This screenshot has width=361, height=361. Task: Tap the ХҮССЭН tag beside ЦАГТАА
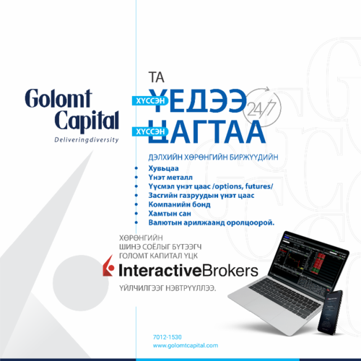(149, 131)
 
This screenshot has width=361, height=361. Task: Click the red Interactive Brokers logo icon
(110, 270)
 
